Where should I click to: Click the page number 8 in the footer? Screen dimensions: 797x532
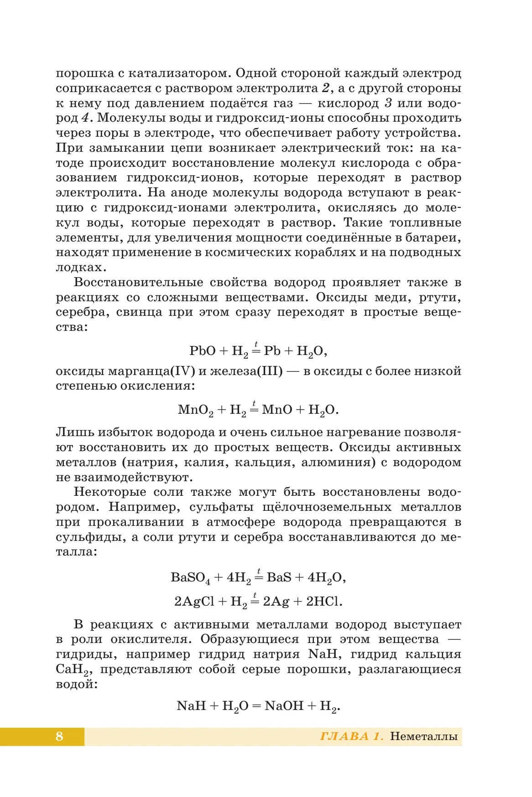59,736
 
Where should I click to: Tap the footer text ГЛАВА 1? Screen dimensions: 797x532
352,736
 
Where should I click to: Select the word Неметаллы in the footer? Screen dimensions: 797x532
424,736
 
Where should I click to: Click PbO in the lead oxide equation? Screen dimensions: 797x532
202,351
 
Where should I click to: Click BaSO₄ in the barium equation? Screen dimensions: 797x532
191,578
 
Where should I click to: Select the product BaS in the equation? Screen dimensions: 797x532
279,577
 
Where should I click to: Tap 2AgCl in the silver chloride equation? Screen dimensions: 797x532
194,602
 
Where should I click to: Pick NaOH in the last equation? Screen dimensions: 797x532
284,706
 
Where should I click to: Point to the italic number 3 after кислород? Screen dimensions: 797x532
388,103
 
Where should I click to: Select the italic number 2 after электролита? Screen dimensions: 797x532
325,88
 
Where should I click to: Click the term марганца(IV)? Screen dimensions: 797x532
151,371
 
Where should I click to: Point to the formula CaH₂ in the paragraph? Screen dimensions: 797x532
73,670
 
